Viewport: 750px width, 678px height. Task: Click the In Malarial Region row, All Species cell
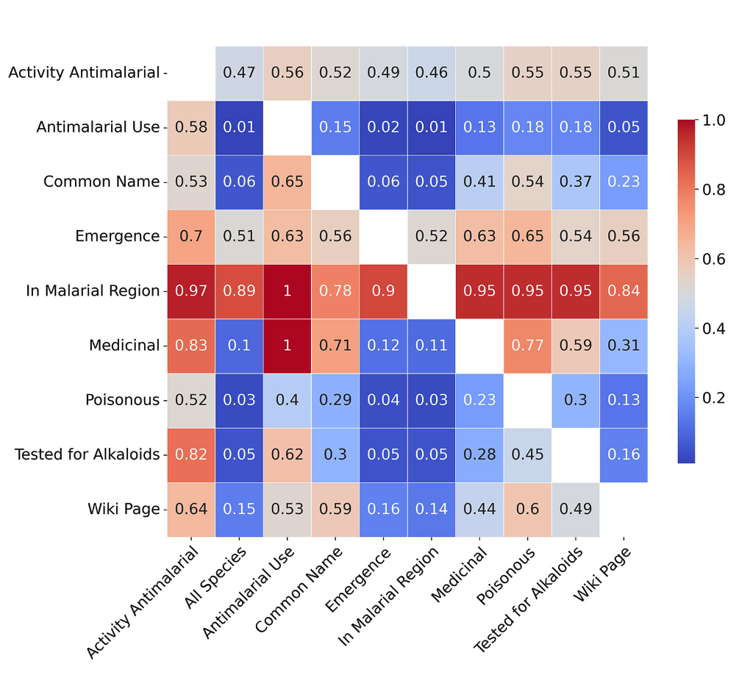point(239,290)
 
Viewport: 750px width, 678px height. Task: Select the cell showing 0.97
point(191,290)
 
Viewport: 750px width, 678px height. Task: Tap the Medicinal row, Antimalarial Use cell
point(287,345)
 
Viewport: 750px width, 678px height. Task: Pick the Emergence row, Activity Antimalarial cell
point(191,236)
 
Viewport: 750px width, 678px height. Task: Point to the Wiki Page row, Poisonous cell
point(527,509)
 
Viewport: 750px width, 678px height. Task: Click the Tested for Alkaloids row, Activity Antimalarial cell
point(191,454)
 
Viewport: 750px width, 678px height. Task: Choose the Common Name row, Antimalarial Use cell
point(287,182)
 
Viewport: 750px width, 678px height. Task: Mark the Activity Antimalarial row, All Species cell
point(239,73)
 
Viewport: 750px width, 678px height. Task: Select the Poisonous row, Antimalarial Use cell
point(287,400)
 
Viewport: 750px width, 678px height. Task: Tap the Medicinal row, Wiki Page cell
point(624,345)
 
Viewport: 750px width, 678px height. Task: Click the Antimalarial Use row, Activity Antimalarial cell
point(191,127)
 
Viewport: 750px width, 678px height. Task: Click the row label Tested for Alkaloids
point(87,454)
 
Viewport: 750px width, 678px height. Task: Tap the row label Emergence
point(117,236)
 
